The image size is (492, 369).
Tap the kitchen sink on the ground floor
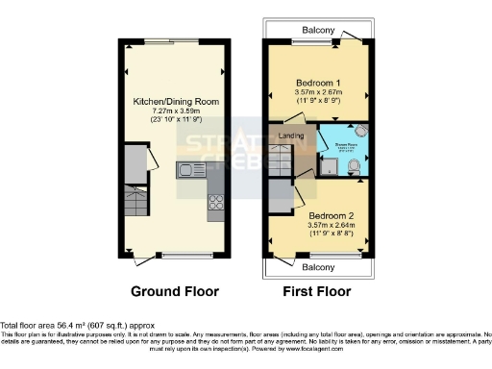[x=186, y=170]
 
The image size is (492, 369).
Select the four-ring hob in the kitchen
[x=215, y=202]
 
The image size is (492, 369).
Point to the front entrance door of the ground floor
[x=146, y=258]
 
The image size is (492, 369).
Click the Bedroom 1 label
[x=319, y=83]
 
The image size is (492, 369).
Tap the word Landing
[x=291, y=135]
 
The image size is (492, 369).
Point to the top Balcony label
[x=319, y=31]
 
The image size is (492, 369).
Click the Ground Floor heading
[x=176, y=291]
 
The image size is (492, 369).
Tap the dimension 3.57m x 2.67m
[x=319, y=92]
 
